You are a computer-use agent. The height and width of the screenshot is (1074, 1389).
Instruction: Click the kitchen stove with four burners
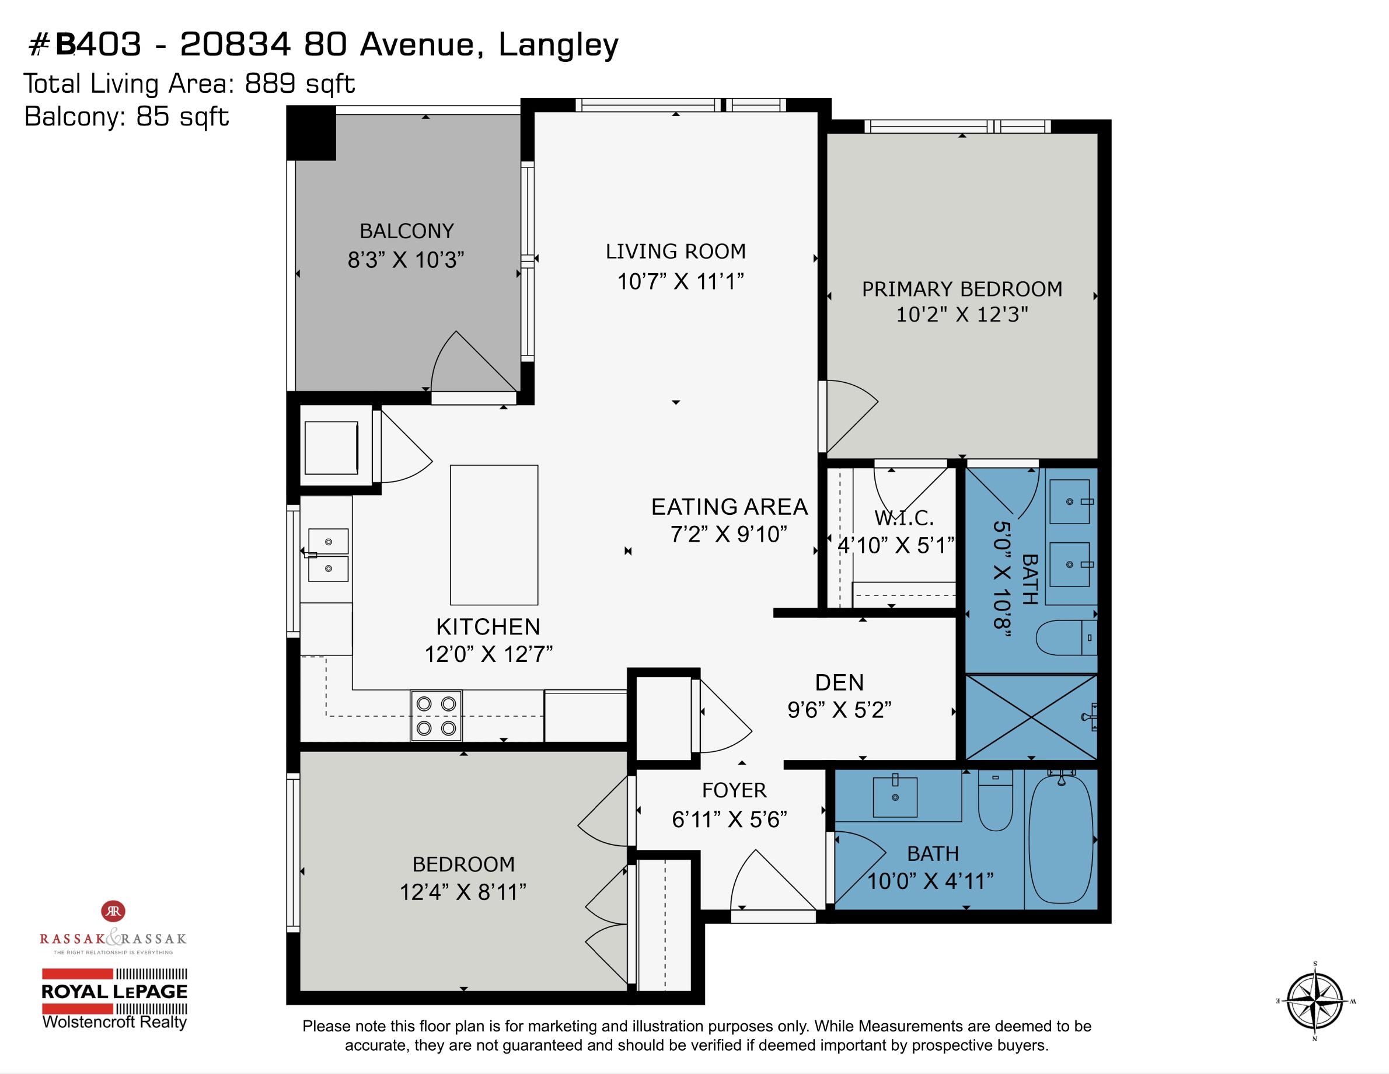[x=437, y=716]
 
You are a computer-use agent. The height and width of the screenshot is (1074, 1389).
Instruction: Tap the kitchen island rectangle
[x=494, y=535]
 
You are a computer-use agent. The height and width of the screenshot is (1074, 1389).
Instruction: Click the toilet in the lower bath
[x=994, y=800]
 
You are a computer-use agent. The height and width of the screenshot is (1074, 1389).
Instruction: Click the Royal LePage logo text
[x=114, y=991]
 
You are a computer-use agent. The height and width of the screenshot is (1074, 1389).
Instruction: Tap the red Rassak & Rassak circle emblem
[x=114, y=911]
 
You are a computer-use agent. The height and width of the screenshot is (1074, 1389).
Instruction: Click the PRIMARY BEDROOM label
[x=962, y=289]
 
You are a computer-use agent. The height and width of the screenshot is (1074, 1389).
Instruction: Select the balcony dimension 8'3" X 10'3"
[x=406, y=260]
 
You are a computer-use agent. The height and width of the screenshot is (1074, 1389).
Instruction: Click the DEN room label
[x=839, y=683]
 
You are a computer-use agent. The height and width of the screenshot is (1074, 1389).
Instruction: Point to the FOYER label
[x=734, y=790]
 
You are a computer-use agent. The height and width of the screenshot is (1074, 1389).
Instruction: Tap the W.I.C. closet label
[x=904, y=518]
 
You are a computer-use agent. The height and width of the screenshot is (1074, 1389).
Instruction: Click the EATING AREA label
[x=730, y=507]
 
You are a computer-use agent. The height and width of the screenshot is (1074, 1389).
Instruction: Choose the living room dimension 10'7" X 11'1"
[x=680, y=281]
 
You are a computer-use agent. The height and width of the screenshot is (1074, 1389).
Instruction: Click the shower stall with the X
[x=1031, y=717]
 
